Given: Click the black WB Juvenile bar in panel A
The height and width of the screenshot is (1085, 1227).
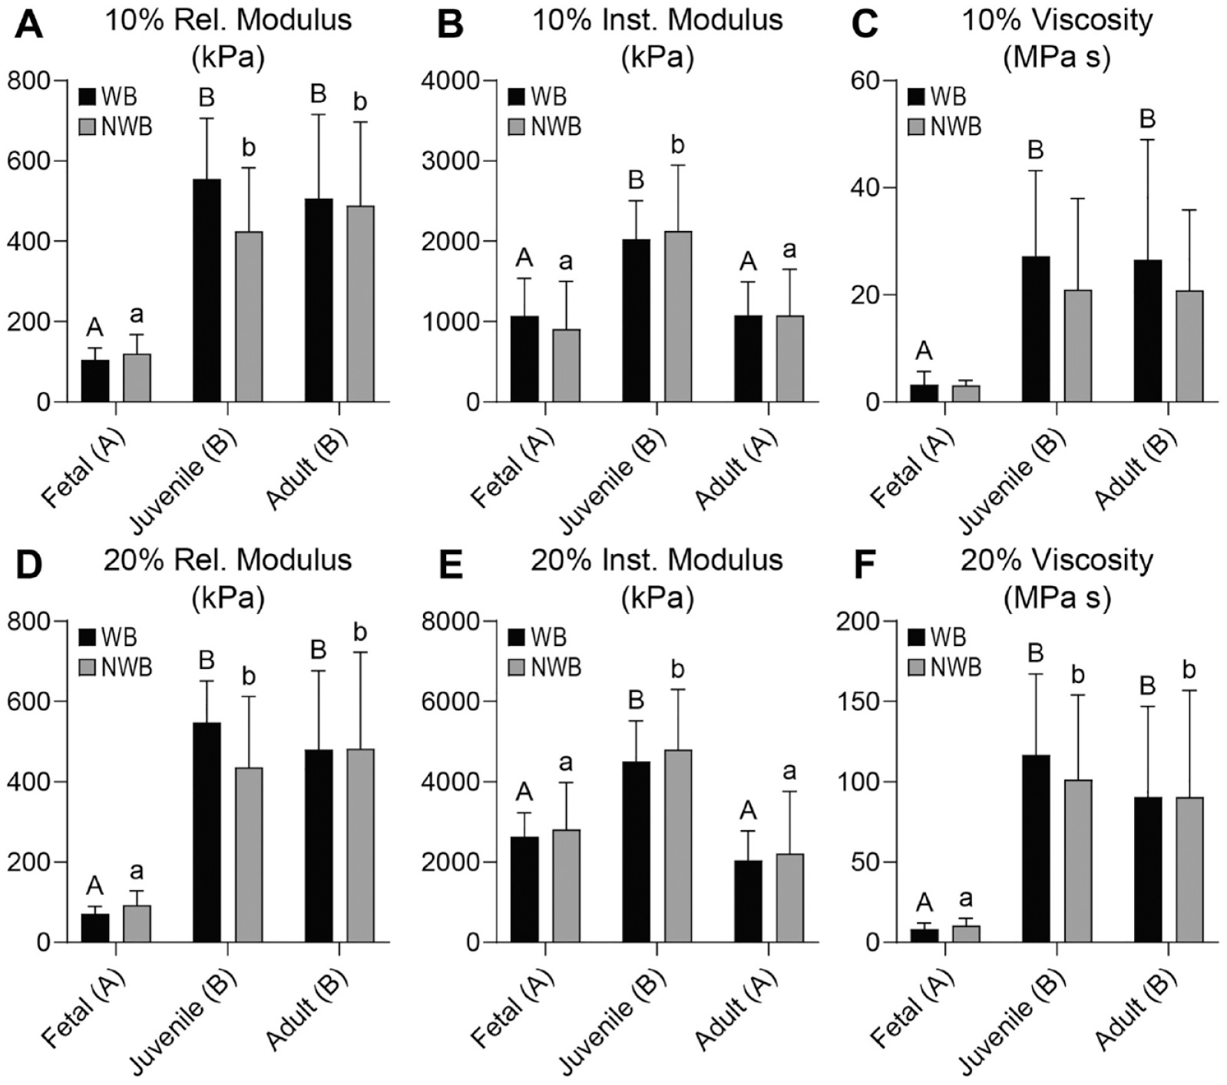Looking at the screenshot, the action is pos(207,290).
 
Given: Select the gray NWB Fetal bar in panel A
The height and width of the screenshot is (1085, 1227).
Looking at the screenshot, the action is pos(137,378).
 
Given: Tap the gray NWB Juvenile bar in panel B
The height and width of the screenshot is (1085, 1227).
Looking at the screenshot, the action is pos(678,316).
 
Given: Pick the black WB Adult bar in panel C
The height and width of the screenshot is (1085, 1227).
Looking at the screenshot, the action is pos(1147,331).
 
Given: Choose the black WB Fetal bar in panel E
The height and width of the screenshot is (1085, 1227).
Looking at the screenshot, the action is pos(524,889).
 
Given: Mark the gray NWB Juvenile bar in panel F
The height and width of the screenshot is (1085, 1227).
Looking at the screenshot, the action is pos(1077,861).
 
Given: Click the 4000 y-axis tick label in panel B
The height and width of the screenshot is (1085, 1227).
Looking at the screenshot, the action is pos(449,81).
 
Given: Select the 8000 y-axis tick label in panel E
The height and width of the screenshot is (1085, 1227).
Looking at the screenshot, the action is pos(449,621).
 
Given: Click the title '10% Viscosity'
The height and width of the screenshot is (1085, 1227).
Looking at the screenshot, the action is pos(1057,20).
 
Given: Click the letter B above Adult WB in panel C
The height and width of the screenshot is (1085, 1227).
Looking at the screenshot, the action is pos(1147,119).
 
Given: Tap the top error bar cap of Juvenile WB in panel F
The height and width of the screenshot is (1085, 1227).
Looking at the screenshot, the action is pos(1036,674).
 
